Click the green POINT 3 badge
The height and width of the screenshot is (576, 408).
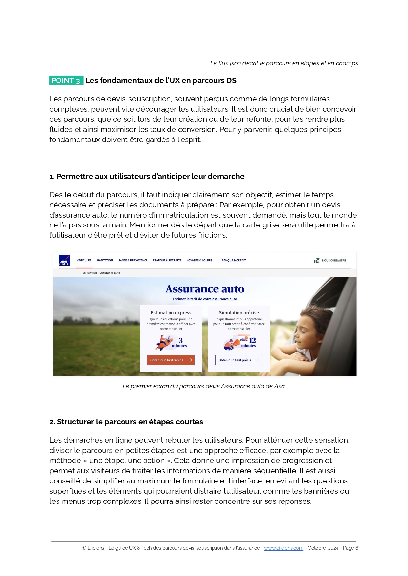click(66, 80)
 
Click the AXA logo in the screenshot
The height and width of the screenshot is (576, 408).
click(64, 260)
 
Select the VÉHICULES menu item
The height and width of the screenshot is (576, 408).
click(84, 260)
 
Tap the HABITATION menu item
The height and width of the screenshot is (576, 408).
click(105, 260)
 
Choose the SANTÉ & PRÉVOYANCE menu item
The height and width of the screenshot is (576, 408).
click(133, 260)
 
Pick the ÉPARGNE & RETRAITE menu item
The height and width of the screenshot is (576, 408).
click(167, 260)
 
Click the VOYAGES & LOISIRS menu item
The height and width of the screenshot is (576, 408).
click(199, 260)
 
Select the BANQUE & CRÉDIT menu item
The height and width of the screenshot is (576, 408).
click(234, 260)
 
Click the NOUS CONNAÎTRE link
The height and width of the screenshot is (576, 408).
click(333, 260)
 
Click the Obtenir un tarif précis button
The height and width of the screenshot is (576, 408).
click(239, 360)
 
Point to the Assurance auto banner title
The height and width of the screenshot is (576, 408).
click(205, 289)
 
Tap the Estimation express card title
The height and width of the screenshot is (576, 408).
click(171, 313)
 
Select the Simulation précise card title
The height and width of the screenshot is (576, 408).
click(239, 313)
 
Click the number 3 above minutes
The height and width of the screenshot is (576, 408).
click(180, 340)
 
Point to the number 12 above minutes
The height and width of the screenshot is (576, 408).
click(252, 340)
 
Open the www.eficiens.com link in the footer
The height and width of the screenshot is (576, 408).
click(283, 548)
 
